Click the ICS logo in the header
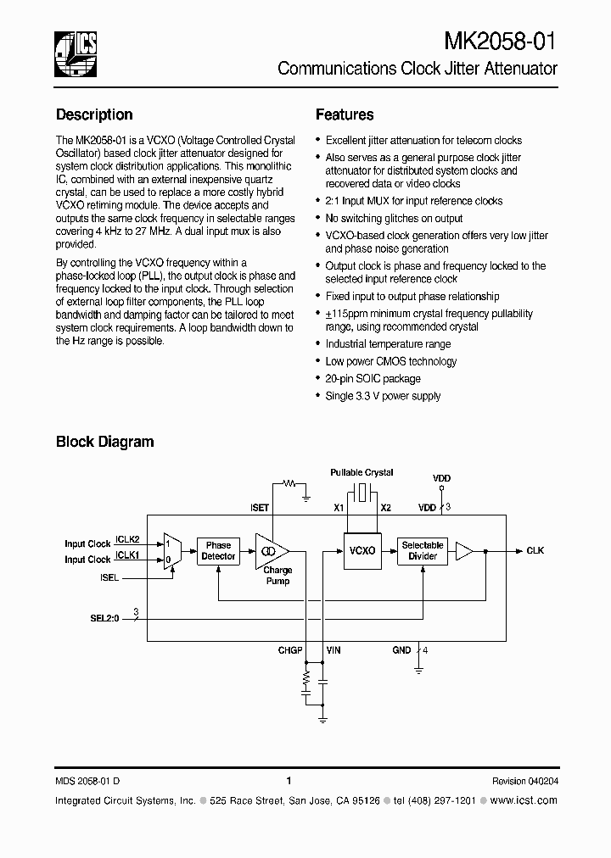[x=76, y=53]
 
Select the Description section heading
[x=94, y=114]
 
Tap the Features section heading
[x=345, y=114]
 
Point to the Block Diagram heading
[x=104, y=442]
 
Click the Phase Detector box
[x=218, y=551]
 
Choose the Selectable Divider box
[x=423, y=551]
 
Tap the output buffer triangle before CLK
[x=463, y=551]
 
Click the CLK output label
[x=535, y=551]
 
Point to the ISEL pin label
[x=109, y=577]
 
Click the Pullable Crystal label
[x=362, y=472]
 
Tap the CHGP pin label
[x=290, y=649]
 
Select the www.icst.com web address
[x=524, y=800]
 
